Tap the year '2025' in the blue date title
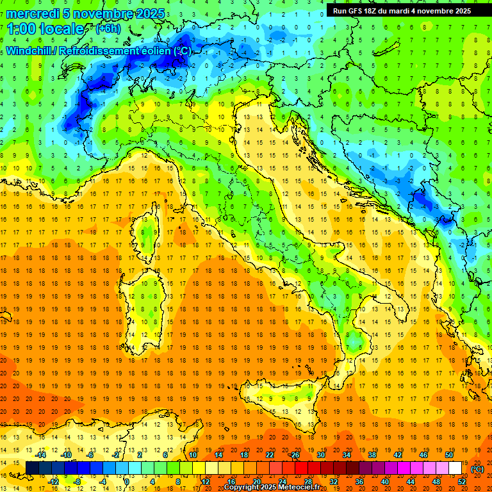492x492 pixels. (x=150, y=13)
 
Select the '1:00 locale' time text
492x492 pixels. (x=45, y=29)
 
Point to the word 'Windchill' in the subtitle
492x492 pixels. (x=29, y=51)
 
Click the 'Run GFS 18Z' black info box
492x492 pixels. (x=402, y=10)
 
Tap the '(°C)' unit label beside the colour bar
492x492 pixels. (x=477, y=469)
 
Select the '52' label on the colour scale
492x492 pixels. (x=462, y=481)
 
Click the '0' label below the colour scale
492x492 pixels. (x=127, y=481)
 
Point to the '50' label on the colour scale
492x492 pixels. (x=448, y=455)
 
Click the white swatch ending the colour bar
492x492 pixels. (x=455, y=468)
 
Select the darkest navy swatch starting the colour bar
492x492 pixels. (x=32, y=468)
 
